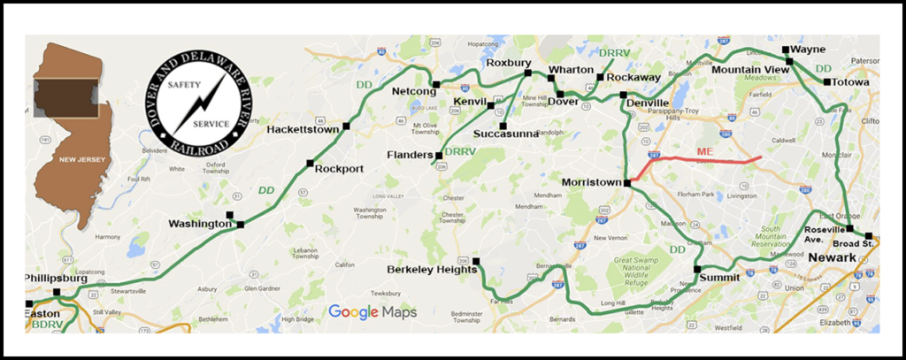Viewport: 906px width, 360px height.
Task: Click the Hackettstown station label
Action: point(303,130)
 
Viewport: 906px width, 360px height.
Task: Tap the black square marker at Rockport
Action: point(310,163)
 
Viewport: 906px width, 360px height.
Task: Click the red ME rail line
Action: point(699,159)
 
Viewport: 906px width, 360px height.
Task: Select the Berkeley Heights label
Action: point(428,269)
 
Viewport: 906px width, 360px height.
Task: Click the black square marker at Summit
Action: point(697,268)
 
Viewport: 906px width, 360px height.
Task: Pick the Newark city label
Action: point(832,257)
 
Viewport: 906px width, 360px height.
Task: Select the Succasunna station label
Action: point(502,134)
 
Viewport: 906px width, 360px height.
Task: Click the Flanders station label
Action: point(408,156)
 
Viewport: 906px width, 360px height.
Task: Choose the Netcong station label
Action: point(416,91)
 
